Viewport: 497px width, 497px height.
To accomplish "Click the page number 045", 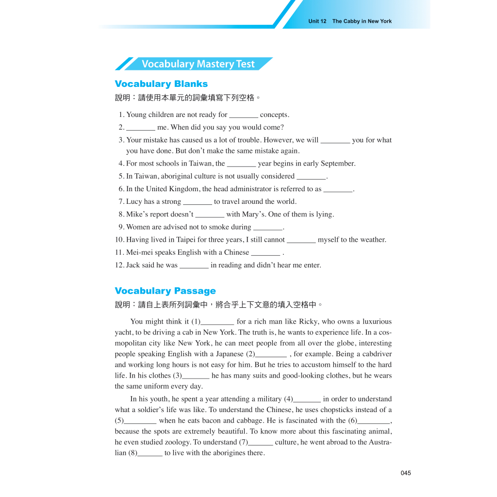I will (406, 473).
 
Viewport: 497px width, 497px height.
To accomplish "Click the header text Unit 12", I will (317, 21).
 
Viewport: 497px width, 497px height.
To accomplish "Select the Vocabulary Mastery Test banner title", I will (198, 64).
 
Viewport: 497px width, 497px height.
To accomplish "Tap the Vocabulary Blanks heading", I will (161, 84).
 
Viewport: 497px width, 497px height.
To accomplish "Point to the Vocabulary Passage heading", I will (165, 291).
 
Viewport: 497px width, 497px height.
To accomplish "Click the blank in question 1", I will (243, 116).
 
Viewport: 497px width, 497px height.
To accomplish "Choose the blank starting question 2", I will (141, 128).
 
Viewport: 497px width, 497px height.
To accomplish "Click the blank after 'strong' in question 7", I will (198, 202).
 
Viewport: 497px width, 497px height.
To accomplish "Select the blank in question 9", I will (268, 228).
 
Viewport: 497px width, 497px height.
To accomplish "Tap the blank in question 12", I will (194, 266).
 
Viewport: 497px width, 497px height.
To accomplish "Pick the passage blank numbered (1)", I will (217, 322).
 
